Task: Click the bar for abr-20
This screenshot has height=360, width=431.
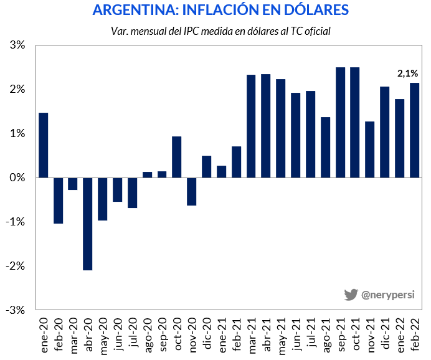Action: point(88,224)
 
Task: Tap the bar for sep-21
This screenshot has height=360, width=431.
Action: point(341,122)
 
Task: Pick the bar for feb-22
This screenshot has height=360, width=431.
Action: point(415,130)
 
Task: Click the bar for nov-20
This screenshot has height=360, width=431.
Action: point(192,191)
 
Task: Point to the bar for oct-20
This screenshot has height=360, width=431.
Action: point(177,157)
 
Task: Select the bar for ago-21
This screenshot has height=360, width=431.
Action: point(326,147)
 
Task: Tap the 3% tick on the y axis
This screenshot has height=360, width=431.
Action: point(17,45)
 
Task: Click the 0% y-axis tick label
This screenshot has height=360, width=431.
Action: point(17,178)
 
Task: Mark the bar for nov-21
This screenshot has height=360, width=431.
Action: point(370,149)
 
